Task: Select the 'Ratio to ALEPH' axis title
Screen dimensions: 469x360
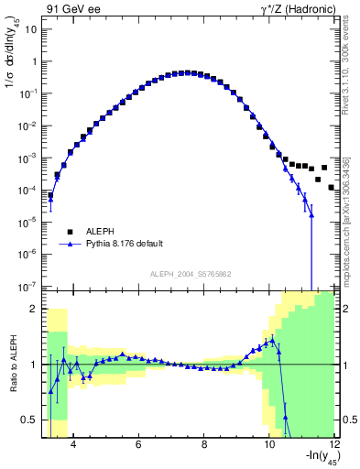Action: (10, 364)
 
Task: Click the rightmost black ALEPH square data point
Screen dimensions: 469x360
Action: (331, 187)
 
